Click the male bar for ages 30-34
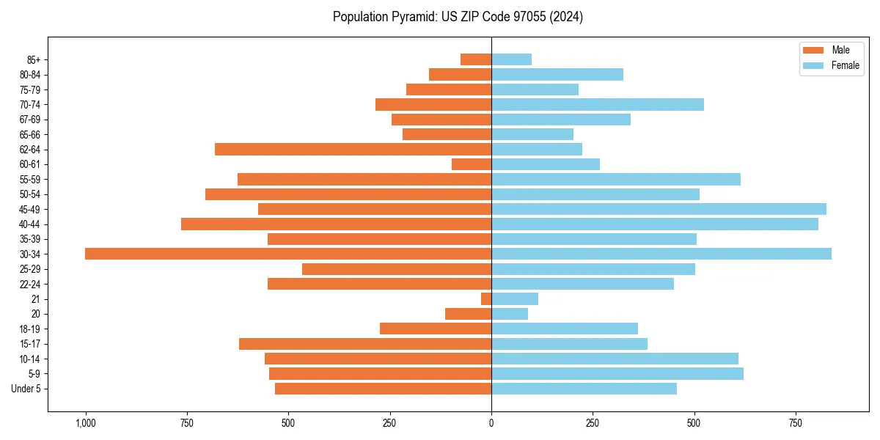point(288,254)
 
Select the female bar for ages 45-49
point(659,209)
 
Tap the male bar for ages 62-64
point(353,150)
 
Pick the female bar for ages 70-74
point(598,105)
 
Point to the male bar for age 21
point(486,299)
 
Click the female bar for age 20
point(510,314)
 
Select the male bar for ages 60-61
point(472,164)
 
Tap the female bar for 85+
point(511,59)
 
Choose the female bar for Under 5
point(584,389)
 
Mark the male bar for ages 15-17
point(365,344)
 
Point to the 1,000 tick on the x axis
point(86,423)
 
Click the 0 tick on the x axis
point(491,423)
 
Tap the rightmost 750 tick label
point(795,423)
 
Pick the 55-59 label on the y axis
point(30,180)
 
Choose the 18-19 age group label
point(30,329)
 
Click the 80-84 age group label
point(30,75)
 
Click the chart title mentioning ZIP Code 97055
point(458,17)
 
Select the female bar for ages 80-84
point(557,75)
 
